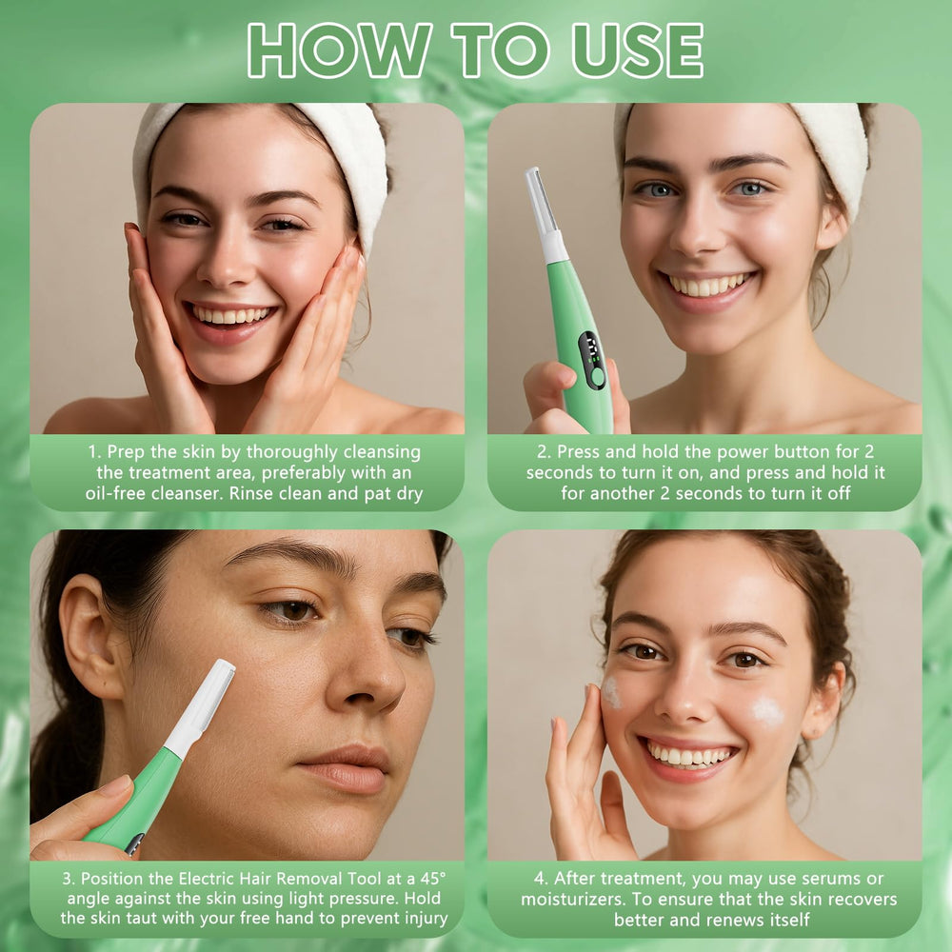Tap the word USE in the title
[x=638, y=50]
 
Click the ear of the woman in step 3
[x=91, y=638]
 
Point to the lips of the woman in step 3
[x=347, y=768]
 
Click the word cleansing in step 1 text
[x=382, y=452]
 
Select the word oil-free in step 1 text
[x=115, y=493]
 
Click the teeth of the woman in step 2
[x=706, y=285]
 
